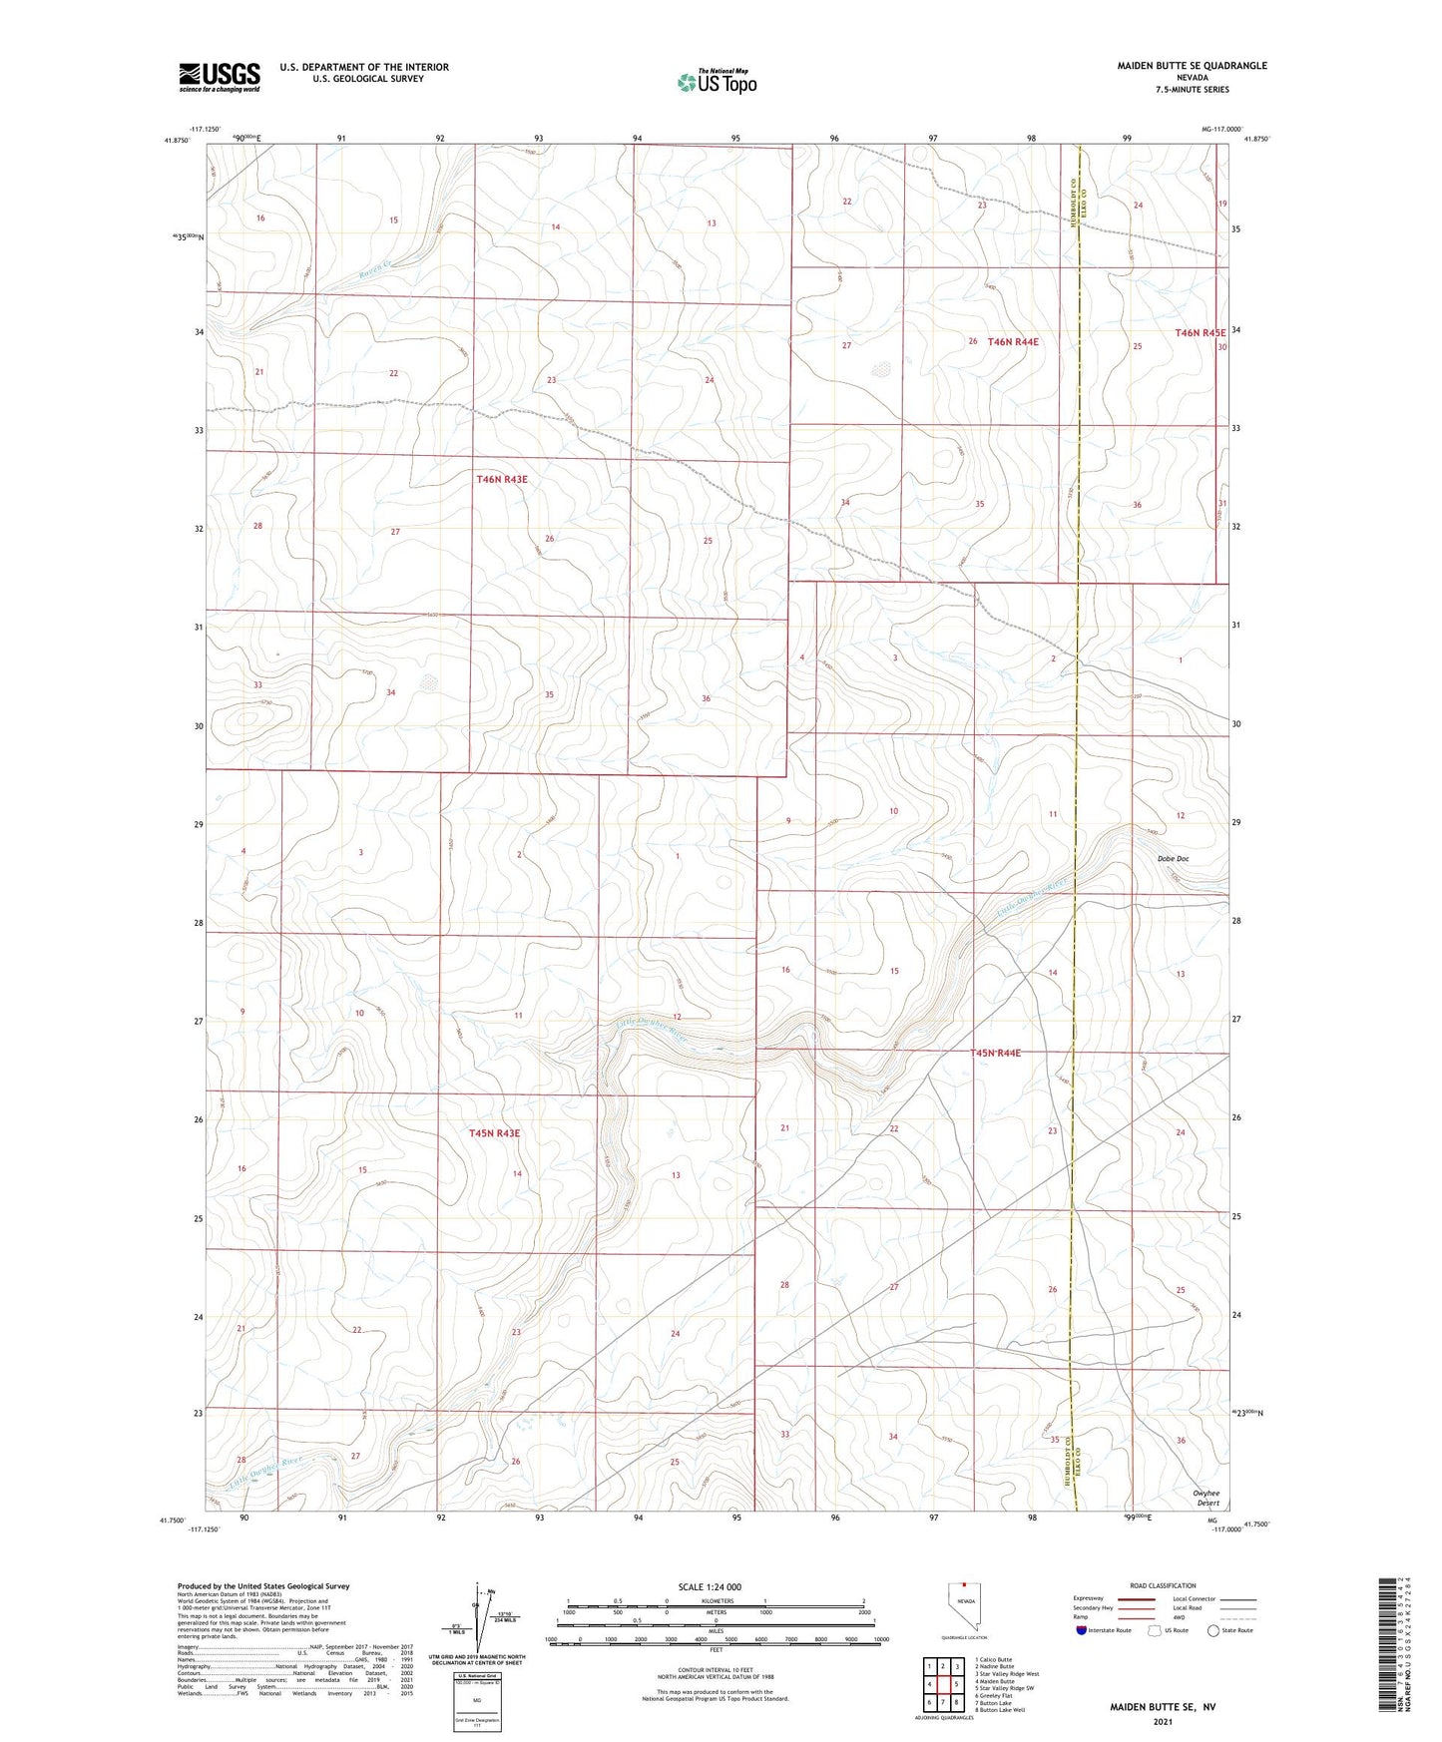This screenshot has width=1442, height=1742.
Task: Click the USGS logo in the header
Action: [x=220, y=76]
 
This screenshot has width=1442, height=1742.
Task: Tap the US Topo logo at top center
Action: [x=716, y=82]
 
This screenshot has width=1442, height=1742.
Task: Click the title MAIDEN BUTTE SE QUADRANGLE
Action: [x=1192, y=66]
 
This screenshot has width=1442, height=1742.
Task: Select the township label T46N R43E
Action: [x=502, y=480]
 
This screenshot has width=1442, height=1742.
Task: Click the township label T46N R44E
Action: [x=1013, y=342]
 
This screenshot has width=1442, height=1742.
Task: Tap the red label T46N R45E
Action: [x=1200, y=333]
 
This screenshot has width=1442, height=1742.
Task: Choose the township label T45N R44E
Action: [x=995, y=1053]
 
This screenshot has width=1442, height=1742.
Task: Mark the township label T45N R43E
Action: [x=495, y=1133]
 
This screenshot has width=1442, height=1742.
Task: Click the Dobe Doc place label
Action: [x=1173, y=859]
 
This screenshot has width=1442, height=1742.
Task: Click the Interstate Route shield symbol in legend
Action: [x=1082, y=1630]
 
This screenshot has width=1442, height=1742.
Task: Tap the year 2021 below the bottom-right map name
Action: [x=1163, y=1722]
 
